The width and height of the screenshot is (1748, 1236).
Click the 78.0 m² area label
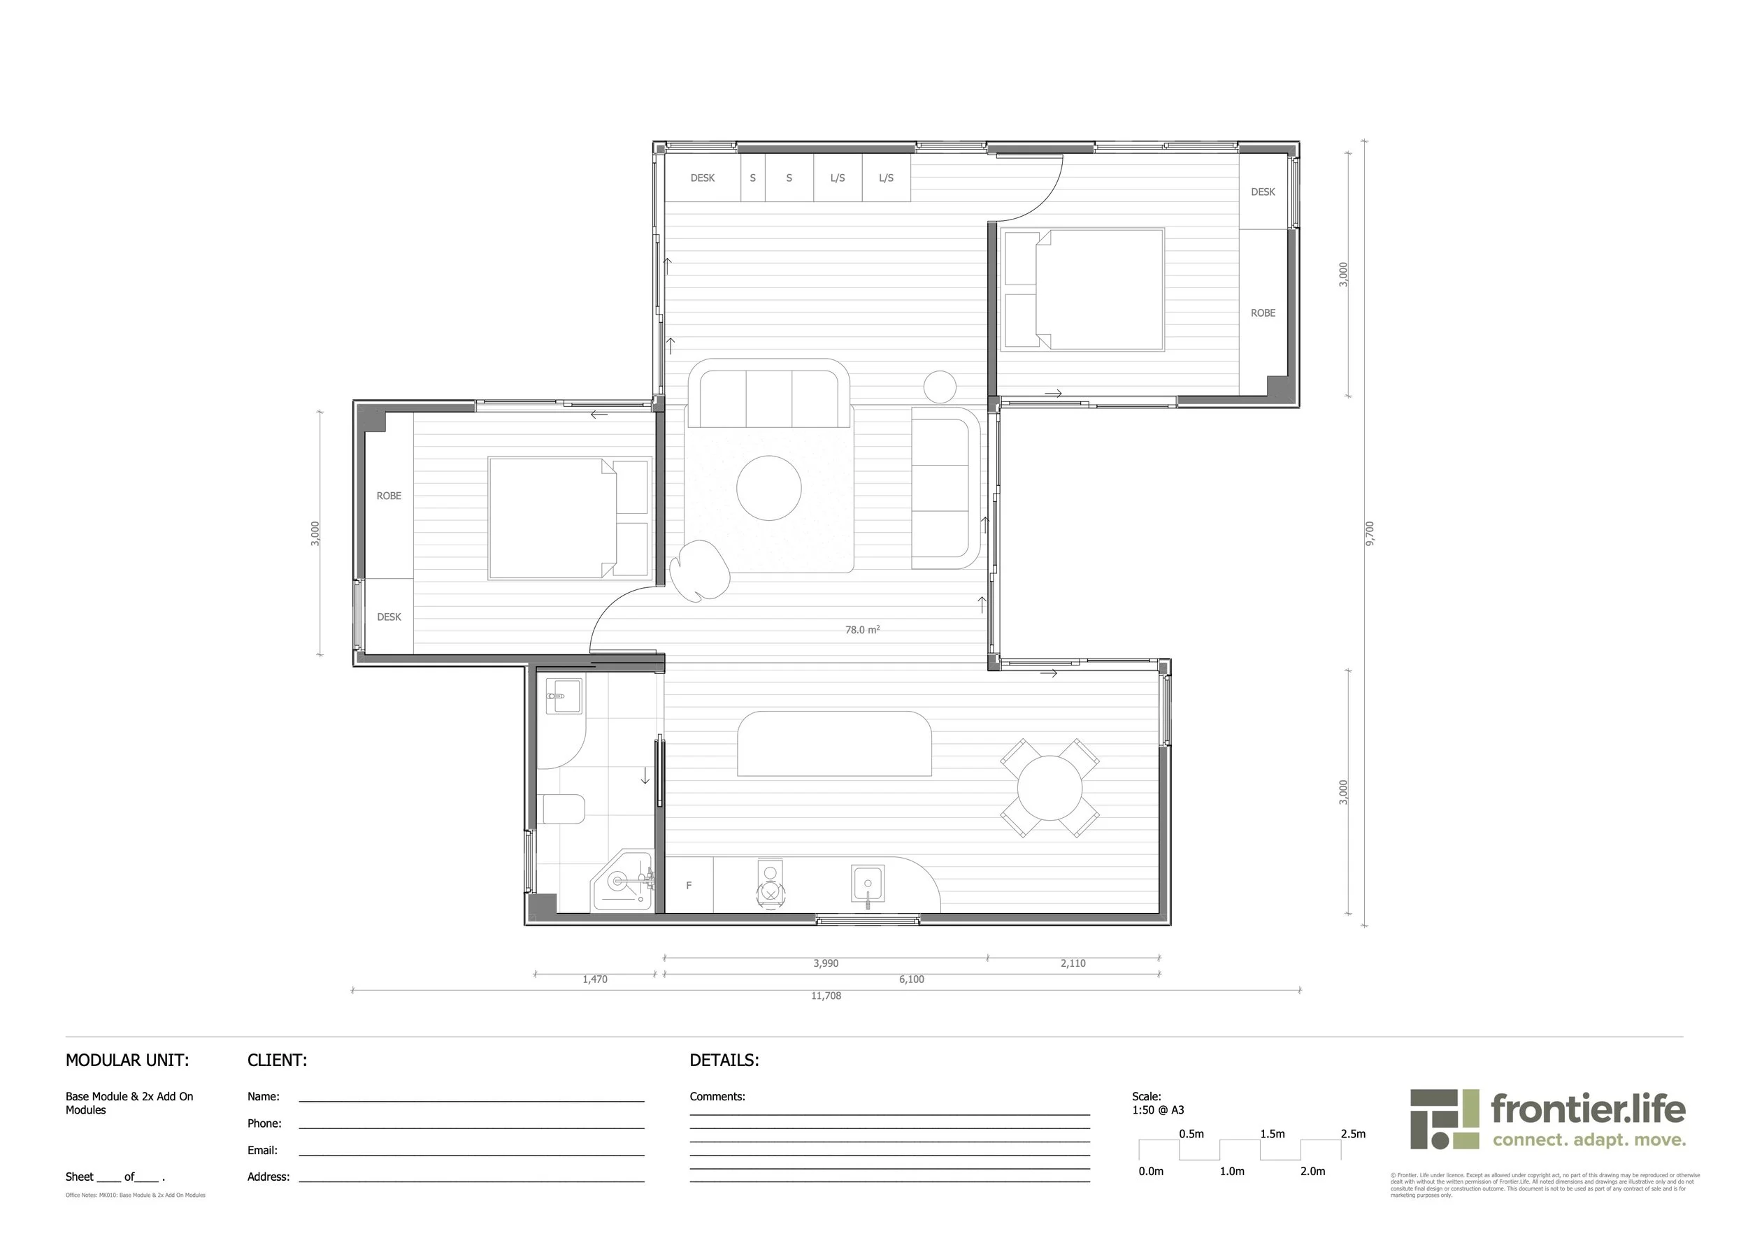tap(862, 630)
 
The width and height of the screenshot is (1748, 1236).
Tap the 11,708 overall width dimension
tap(826, 996)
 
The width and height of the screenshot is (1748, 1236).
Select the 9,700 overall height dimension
tap(1370, 533)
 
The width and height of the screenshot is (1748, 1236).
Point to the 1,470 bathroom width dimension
tap(594, 979)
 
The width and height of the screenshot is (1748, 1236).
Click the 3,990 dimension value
tap(825, 963)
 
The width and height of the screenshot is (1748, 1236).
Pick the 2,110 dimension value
tap(1073, 963)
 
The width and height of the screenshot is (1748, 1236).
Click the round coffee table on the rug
tap(769, 488)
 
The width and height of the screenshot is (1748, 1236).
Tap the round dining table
tap(1050, 788)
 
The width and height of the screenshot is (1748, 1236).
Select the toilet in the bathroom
tap(564, 809)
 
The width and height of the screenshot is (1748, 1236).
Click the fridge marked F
tap(689, 885)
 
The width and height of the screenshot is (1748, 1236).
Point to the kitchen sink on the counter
tap(867, 884)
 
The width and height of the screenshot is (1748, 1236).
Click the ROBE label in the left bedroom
tap(389, 496)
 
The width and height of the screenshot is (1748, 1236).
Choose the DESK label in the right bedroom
tap(1263, 192)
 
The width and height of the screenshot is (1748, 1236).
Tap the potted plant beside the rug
tap(699, 571)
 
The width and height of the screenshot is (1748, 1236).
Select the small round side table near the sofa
tap(940, 387)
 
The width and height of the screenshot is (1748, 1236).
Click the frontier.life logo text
tap(1587, 1109)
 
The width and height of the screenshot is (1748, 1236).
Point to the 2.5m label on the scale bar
tap(1353, 1134)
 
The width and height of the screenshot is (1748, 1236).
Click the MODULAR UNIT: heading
tap(127, 1061)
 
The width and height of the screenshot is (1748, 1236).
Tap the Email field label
tap(262, 1150)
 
